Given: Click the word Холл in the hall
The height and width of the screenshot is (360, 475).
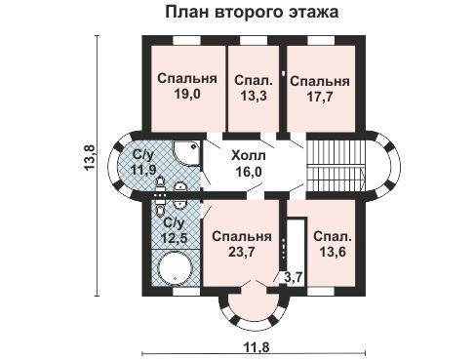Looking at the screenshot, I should pos(247,154).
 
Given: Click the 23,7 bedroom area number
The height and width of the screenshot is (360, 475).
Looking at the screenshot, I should pos(239,253).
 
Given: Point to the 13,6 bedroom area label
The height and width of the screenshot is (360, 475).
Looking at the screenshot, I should pos(332,253).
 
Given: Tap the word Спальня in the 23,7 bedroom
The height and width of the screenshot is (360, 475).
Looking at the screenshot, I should pos(239,237).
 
